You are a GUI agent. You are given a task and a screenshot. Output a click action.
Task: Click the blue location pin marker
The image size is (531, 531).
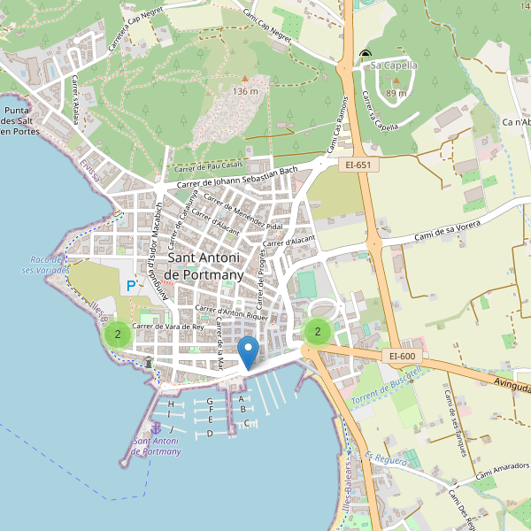[x=249, y=352]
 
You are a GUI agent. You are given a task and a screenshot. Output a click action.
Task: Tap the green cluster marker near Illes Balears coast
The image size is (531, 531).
[x=117, y=335]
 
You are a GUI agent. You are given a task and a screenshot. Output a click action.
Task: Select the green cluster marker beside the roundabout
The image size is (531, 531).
[x=316, y=332]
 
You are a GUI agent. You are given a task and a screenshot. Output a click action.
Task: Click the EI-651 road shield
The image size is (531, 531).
[x=358, y=165]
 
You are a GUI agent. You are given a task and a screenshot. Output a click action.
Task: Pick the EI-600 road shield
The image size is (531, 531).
[x=402, y=357]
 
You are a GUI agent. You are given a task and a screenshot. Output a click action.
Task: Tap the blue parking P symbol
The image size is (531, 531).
[x=131, y=286]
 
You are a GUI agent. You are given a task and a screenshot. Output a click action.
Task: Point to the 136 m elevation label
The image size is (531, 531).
[x=245, y=91]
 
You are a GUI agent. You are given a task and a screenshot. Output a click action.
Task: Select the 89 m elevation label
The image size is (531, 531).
[x=396, y=93]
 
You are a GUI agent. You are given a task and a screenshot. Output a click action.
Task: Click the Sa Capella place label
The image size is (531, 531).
[x=394, y=65]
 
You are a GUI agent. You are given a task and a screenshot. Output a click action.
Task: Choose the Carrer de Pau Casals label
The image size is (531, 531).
[x=209, y=166]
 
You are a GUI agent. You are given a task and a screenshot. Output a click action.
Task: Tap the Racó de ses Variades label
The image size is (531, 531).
[x=42, y=265]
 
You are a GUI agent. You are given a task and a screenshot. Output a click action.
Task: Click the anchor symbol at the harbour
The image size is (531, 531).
[x=157, y=429]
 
